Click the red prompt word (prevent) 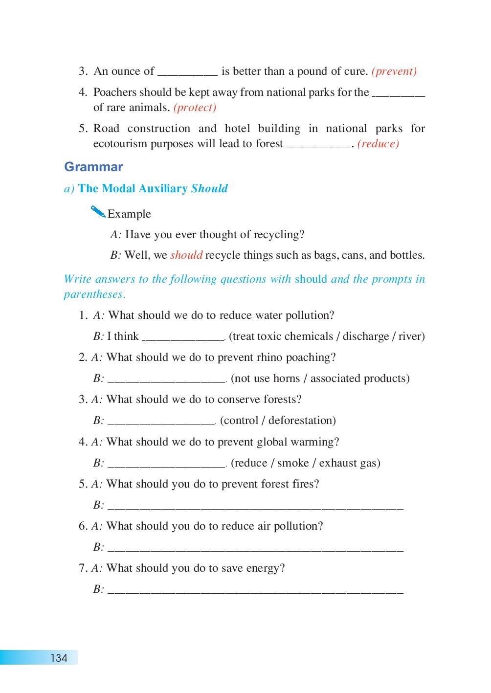click(394, 71)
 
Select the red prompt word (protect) click(195, 108)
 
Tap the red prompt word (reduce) click(379, 144)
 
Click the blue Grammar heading click(93, 167)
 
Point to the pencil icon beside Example click(98, 212)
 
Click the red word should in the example click(186, 255)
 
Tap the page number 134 click(59, 658)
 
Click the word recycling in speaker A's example click(279, 235)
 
